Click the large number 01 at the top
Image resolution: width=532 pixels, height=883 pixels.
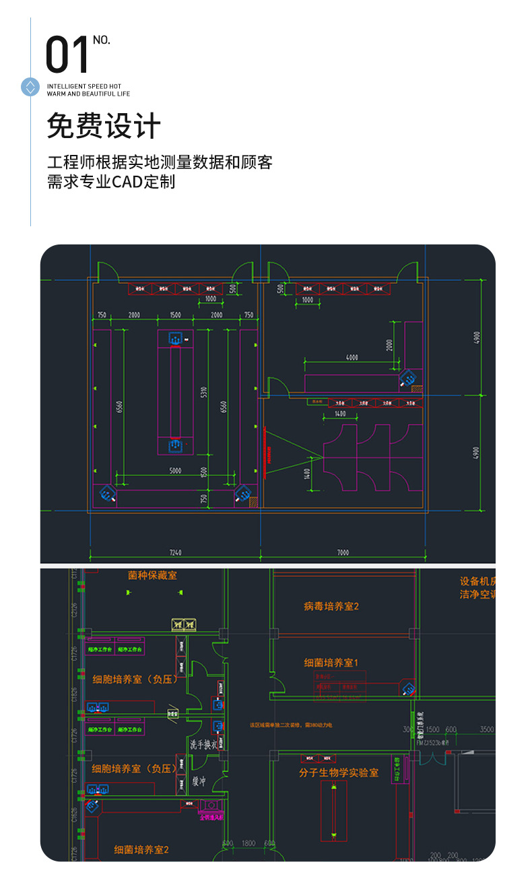(x=67, y=55)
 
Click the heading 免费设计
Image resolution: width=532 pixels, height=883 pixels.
(x=104, y=126)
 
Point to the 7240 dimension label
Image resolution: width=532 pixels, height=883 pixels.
(x=175, y=553)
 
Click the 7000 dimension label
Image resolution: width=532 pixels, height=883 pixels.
(x=342, y=553)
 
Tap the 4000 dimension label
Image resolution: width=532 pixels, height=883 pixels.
(x=352, y=358)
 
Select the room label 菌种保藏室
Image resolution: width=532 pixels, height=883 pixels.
(x=152, y=575)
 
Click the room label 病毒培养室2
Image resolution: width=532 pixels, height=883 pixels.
(x=331, y=606)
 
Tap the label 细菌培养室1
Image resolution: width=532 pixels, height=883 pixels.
(x=331, y=663)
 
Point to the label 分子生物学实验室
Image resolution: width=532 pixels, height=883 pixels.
(x=339, y=773)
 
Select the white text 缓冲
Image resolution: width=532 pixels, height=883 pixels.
(x=199, y=781)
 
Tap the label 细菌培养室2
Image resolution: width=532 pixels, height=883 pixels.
(x=141, y=849)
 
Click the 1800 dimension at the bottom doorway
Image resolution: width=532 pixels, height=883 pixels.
(x=248, y=843)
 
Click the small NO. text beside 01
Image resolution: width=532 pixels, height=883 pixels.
(x=102, y=40)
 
